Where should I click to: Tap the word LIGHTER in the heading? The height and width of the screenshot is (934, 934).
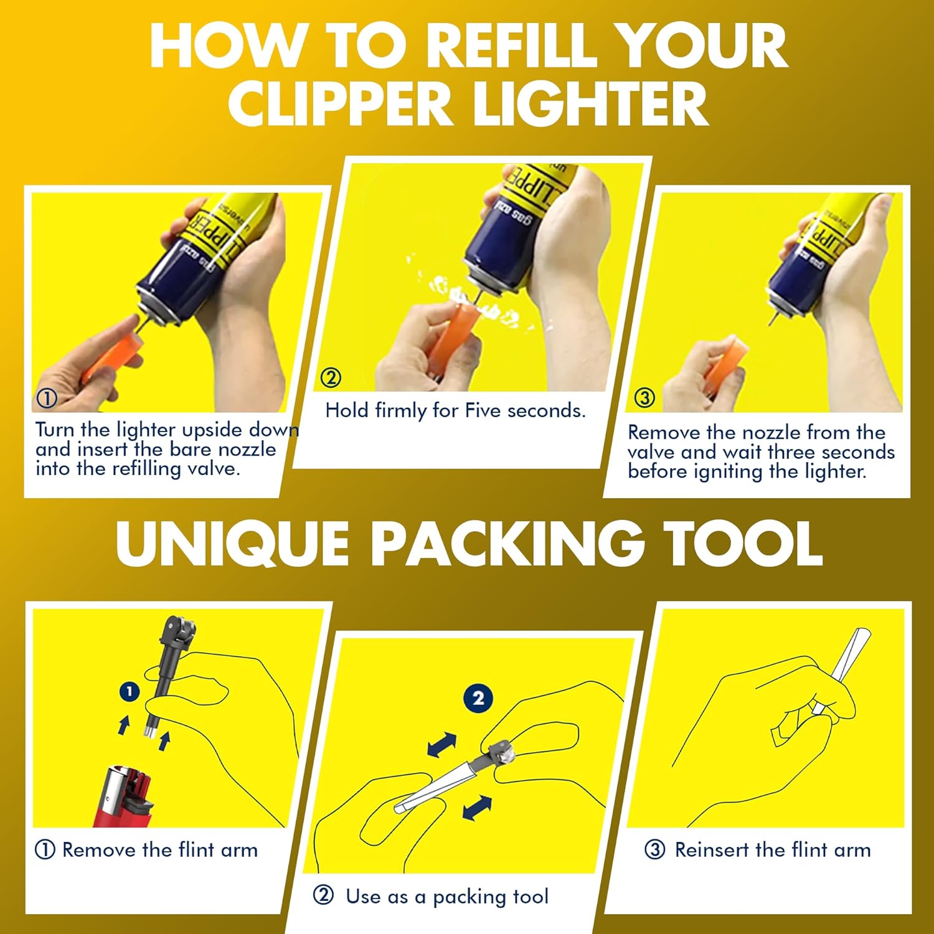(591, 103)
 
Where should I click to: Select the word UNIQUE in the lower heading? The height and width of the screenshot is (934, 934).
(232, 544)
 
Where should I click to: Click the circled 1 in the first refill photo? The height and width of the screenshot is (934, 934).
(47, 398)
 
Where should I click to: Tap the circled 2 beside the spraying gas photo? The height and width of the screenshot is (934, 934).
(331, 377)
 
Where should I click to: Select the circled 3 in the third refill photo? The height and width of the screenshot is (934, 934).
(644, 397)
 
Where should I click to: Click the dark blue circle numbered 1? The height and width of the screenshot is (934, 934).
(129, 691)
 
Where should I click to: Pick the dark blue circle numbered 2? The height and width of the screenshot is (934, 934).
(478, 698)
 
